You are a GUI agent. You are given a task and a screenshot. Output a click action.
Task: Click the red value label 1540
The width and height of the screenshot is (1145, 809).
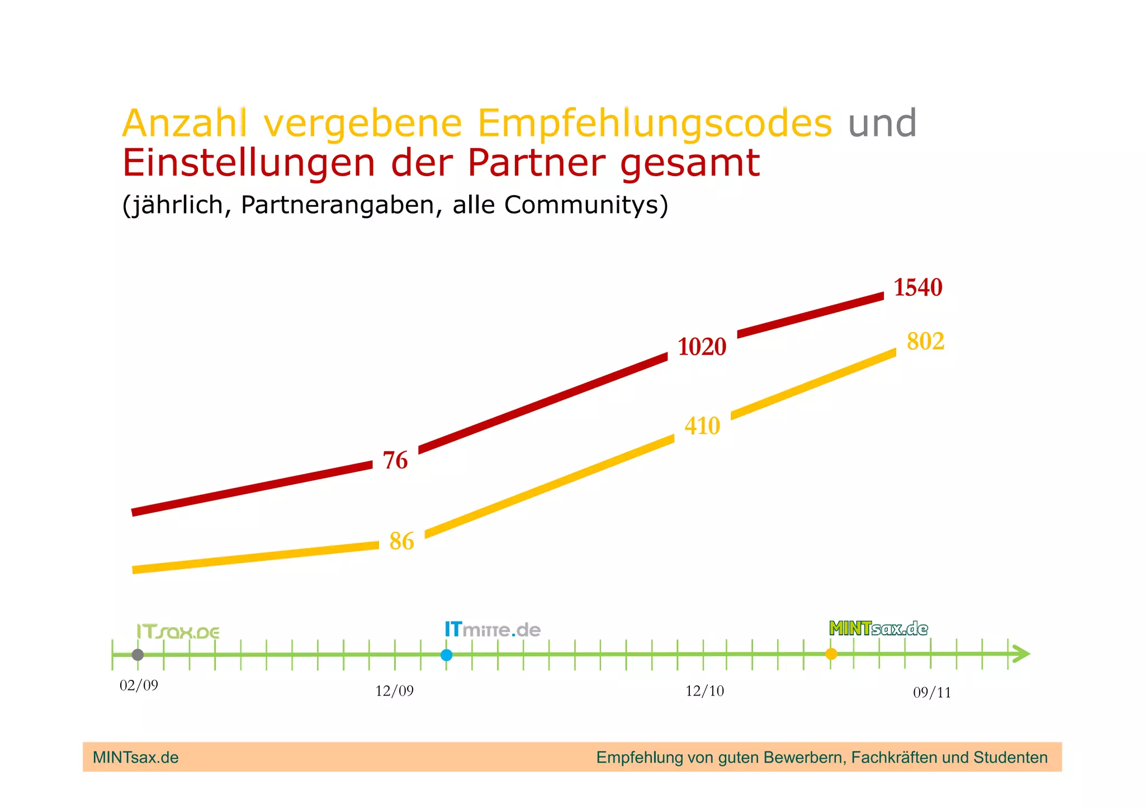[917, 287]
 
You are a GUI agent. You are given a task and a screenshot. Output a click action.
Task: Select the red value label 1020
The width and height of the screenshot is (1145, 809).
[702, 347]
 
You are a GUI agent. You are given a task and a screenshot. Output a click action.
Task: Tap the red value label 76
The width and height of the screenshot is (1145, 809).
[395, 460]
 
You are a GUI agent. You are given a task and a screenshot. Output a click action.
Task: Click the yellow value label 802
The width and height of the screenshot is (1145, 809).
[925, 341]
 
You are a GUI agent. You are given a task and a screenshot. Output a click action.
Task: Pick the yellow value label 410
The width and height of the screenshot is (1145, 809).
[702, 426]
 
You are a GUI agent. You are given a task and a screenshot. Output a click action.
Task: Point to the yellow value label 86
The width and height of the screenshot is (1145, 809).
[401, 541]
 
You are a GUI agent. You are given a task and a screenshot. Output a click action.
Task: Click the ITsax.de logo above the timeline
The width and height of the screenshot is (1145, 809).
[178, 632]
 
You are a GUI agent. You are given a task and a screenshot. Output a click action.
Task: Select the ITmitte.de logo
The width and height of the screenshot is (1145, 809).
[493, 630]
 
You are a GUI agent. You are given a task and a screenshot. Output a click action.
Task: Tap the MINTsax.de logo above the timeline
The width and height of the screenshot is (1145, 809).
[878, 628]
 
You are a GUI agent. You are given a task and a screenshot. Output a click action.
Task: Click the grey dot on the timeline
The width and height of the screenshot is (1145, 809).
[138, 655]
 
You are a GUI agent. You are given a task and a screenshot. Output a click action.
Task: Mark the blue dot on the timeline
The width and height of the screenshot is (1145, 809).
[446, 655]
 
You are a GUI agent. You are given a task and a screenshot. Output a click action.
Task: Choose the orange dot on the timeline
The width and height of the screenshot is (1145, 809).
[831, 654]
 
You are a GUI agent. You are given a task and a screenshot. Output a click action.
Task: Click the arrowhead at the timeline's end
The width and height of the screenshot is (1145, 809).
[1021, 654]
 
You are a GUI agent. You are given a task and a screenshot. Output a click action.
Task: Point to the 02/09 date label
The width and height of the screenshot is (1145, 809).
[139, 685]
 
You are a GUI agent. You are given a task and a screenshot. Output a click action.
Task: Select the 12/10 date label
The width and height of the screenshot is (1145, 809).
[704, 691]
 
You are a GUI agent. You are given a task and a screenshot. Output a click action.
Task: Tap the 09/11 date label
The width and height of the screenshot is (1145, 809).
[931, 693]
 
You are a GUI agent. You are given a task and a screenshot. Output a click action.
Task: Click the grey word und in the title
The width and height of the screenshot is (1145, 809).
[882, 124]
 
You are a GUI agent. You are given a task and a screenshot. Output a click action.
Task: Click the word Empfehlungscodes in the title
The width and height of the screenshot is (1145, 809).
[655, 124]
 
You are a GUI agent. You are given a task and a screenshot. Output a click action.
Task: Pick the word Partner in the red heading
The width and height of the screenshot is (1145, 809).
[536, 163]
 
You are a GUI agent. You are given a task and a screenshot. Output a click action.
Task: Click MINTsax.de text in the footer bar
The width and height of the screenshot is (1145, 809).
[136, 758]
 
